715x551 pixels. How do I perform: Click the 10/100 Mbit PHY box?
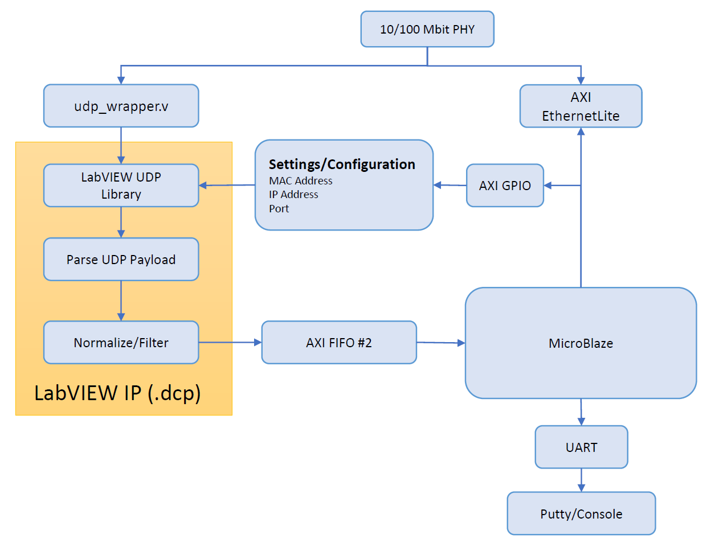click(x=427, y=29)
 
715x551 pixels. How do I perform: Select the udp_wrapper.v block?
click(x=121, y=106)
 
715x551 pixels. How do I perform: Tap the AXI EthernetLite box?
click(x=581, y=106)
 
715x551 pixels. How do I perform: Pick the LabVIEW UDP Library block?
click(x=121, y=186)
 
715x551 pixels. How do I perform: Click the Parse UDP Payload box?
click(x=121, y=260)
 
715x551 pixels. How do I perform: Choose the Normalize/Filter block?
click(x=121, y=343)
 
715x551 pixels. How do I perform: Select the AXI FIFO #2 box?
click(x=339, y=343)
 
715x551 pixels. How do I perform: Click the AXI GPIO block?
click(x=505, y=186)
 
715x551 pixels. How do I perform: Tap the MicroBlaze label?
click(x=581, y=343)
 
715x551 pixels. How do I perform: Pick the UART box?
click(x=582, y=447)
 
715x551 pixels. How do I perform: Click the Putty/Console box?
click(x=582, y=513)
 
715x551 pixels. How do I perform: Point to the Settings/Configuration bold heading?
click(x=342, y=165)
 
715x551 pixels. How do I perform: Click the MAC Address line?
click(x=301, y=181)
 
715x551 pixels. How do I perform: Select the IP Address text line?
click(x=293, y=195)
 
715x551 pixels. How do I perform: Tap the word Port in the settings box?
click(x=279, y=209)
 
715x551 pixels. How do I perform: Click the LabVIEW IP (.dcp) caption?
click(x=117, y=393)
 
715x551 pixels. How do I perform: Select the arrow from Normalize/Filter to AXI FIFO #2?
click(x=230, y=343)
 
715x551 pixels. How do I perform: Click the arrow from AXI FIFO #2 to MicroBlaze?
click(x=441, y=343)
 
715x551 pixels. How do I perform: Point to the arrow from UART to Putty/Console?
click(x=582, y=480)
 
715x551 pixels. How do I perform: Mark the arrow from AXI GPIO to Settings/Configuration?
click(x=450, y=186)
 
